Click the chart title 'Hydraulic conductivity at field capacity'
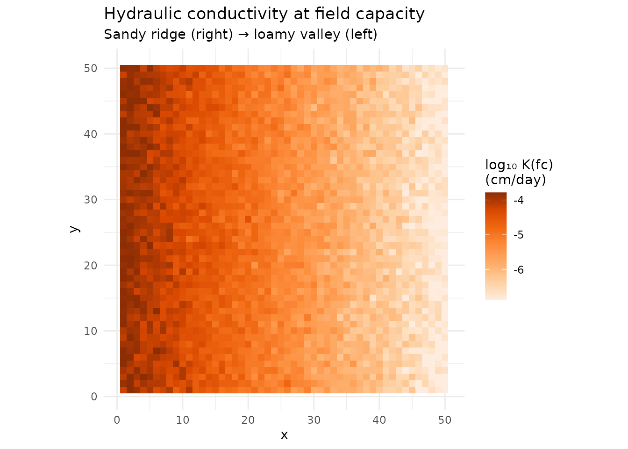click(264, 14)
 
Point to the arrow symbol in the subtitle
click(243, 35)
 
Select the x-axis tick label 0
click(117, 420)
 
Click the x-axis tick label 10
click(183, 420)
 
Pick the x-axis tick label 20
click(248, 420)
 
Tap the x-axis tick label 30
click(314, 420)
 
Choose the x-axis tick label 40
click(379, 420)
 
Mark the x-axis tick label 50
click(445, 420)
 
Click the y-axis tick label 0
click(94, 397)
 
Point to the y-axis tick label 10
click(91, 331)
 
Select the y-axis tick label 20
click(91, 266)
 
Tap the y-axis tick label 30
click(91, 200)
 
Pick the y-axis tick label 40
click(91, 134)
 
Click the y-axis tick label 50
click(91, 68)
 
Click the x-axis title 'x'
click(284, 435)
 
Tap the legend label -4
click(519, 201)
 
